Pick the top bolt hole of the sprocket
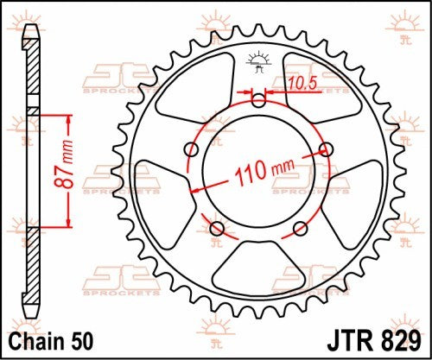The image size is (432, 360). click(x=258, y=100)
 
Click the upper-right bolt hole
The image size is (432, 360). click(x=327, y=149)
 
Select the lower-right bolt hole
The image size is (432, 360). click(x=300, y=229)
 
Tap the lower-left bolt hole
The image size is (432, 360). click(x=216, y=229)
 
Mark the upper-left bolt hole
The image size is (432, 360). click(x=190, y=149)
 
